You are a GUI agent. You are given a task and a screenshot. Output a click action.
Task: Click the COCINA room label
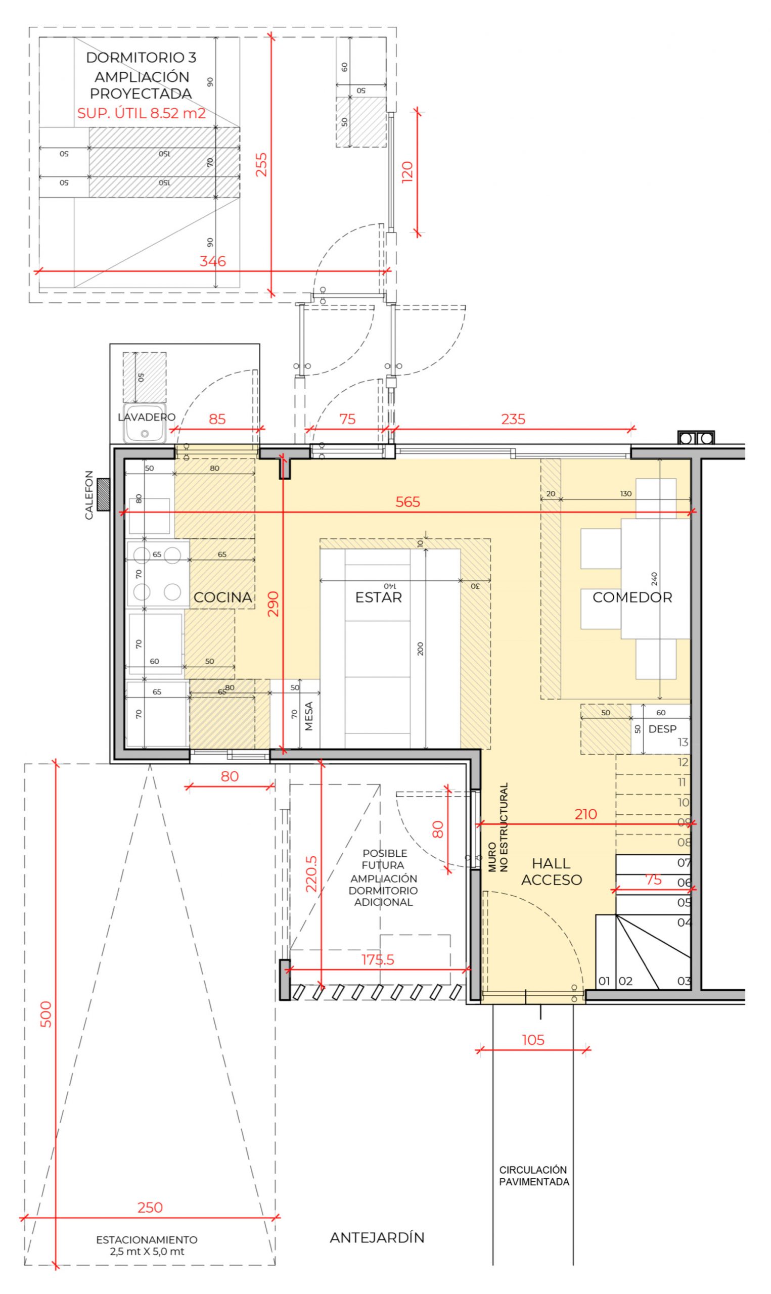pyautogui.click(x=222, y=597)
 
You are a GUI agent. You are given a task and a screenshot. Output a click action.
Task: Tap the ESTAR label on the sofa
pyautogui.click(x=378, y=597)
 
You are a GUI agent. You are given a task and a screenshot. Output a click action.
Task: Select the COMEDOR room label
pyautogui.click(x=632, y=597)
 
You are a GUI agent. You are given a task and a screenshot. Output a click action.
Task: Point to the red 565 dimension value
pyautogui.click(x=408, y=501)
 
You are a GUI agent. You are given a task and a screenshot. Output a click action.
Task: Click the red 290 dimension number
pyautogui.click(x=274, y=604)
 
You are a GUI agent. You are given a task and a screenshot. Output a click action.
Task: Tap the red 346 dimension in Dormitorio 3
pyautogui.click(x=213, y=261)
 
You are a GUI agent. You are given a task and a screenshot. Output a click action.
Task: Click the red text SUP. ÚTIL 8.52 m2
pyautogui.click(x=142, y=113)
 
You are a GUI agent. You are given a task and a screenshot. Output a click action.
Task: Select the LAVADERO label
pyautogui.click(x=147, y=417)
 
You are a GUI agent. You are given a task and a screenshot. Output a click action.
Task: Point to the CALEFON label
pyautogui.click(x=89, y=495)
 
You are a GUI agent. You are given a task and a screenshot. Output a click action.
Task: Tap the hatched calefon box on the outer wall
pyautogui.click(x=103, y=495)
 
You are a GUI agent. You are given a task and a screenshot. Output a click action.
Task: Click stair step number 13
pyautogui.click(x=683, y=742)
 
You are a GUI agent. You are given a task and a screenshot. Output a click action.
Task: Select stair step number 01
pyautogui.click(x=604, y=981)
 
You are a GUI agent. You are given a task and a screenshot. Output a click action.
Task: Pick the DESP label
pyautogui.click(x=662, y=728)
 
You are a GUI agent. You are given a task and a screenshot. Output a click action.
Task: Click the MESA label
pyautogui.click(x=309, y=716)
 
